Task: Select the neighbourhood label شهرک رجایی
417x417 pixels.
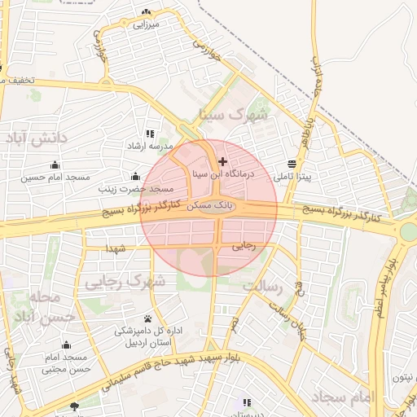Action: click(124, 282)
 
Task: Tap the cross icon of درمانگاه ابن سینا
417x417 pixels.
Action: click(223, 162)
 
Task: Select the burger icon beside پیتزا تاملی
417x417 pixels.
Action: click(292, 162)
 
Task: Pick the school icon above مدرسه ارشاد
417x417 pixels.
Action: click(149, 133)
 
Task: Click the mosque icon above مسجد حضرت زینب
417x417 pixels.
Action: click(134, 176)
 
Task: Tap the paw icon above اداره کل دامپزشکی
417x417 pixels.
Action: click(147, 318)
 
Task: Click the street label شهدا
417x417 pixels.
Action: click(115, 248)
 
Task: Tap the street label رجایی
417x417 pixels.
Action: click(244, 244)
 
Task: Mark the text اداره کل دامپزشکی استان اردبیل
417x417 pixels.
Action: click(144, 336)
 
